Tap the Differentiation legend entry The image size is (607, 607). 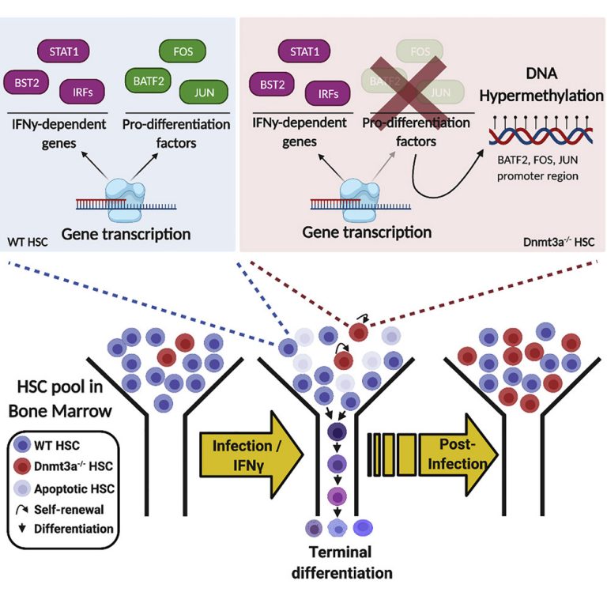pos(67,528)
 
